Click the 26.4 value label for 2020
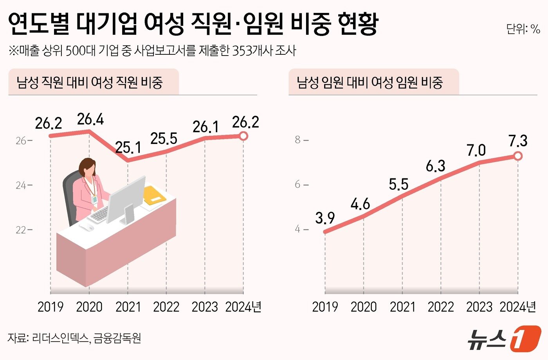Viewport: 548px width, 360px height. [x=90, y=119]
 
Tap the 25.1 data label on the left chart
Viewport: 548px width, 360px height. [x=128, y=148]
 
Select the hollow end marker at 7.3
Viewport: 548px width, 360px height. [x=518, y=156]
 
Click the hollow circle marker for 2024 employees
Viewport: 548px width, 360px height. [x=243, y=136]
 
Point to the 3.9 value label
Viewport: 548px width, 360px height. [x=325, y=218]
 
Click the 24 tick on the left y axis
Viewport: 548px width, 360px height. [x=21, y=185]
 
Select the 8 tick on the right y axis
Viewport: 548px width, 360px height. [x=298, y=140]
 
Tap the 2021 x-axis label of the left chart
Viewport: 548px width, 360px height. [x=128, y=307]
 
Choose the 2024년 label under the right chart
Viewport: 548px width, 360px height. [x=517, y=307]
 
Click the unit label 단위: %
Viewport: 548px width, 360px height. [x=523, y=29]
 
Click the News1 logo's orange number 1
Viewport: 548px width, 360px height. [x=525, y=338]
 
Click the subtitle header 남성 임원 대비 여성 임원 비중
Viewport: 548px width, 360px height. [x=370, y=83]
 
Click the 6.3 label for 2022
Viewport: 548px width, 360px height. [x=435, y=166]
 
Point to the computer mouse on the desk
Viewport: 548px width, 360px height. [x=87, y=227]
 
